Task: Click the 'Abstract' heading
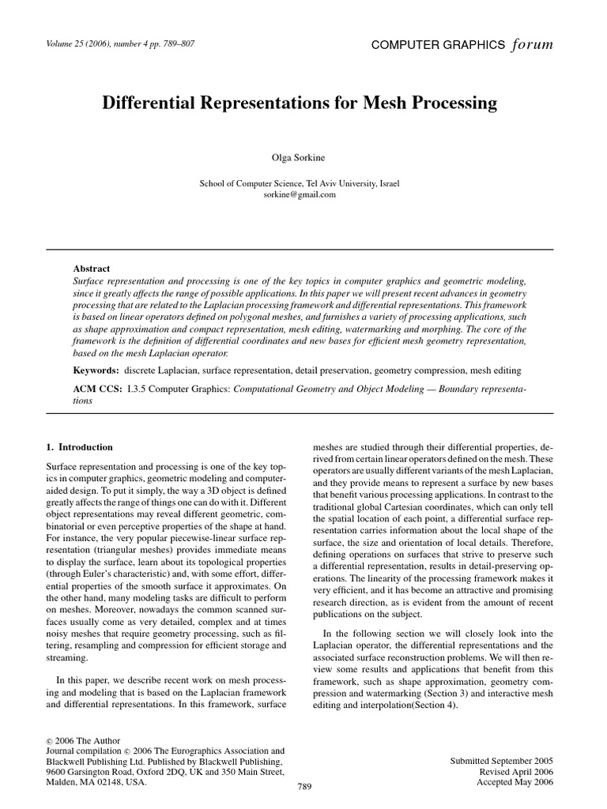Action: (x=91, y=269)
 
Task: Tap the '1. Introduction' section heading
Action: (x=81, y=446)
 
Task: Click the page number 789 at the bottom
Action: (x=304, y=787)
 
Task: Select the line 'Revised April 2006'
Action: (x=518, y=771)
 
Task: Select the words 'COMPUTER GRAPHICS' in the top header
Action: (x=437, y=45)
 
